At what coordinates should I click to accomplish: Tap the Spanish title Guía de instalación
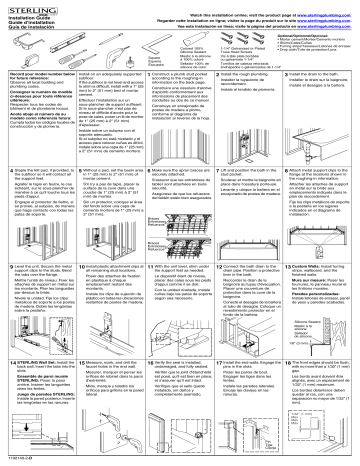point(27,28)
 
